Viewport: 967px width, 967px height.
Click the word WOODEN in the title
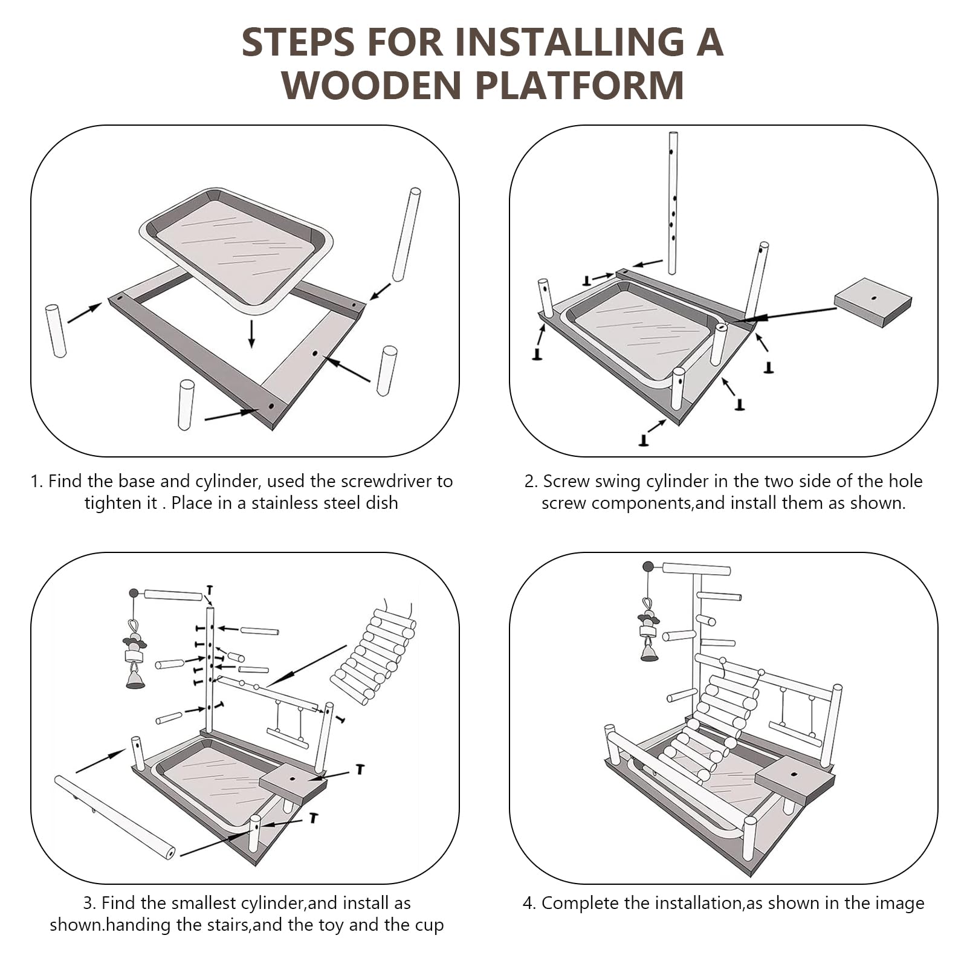pos(372,85)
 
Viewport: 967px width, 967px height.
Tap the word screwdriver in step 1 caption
pos(387,482)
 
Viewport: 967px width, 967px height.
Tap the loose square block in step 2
pos(873,302)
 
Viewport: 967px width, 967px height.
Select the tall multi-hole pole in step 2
pos(673,203)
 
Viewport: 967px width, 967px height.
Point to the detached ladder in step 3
pos(373,655)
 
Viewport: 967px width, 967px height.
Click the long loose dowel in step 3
pos(115,817)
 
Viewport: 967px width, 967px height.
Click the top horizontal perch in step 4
pos(696,569)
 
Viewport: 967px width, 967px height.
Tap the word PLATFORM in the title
pos(580,85)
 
